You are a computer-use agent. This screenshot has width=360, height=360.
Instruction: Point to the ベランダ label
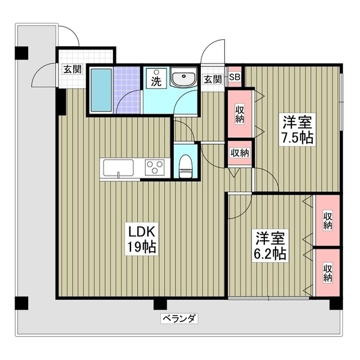pos(180,318)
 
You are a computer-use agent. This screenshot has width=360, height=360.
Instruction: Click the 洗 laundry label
pos(155,81)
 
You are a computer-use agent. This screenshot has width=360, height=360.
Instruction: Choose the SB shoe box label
pos(235,78)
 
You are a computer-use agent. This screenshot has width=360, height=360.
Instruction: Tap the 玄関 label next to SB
pos(212,79)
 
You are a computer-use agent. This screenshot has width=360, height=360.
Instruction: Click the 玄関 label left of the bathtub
pos(72,69)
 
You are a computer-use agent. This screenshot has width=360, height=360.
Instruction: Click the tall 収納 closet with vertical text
pos(240,115)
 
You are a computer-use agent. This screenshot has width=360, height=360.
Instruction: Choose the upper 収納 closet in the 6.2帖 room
pos(327,220)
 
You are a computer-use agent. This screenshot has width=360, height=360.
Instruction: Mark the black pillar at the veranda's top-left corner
pos(21,52)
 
